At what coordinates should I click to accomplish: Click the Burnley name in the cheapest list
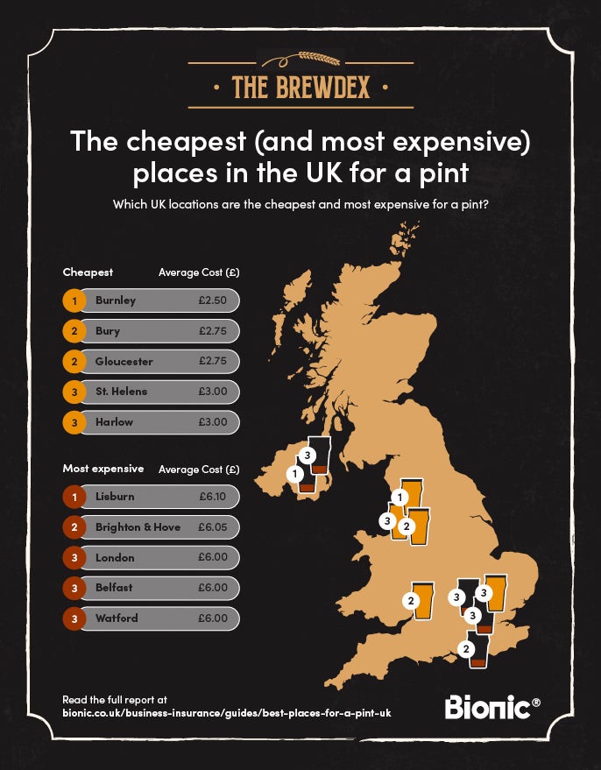click(116, 300)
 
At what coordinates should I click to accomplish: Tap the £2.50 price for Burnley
click(213, 300)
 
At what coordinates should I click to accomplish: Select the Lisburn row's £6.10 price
click(213, 497)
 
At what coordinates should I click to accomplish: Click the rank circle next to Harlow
click(75, 422)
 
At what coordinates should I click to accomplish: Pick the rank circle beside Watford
click(75, 618)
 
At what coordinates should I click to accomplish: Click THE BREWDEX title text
click(300, 87)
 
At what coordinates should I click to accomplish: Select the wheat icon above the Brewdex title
click(300, 59)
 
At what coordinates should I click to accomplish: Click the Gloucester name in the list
click(124, 361)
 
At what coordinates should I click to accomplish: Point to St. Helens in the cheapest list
click(122, 392)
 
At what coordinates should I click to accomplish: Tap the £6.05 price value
click(213, 527)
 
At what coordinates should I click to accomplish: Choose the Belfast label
click(116, 588)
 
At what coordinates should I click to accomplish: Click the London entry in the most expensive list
click(116, 557)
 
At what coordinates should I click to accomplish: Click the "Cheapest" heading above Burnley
click(88, 272)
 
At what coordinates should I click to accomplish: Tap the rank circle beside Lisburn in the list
click(75, 497)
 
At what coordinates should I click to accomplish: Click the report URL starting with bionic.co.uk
click(227, 714)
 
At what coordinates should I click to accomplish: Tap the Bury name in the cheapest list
click(108, 331)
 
